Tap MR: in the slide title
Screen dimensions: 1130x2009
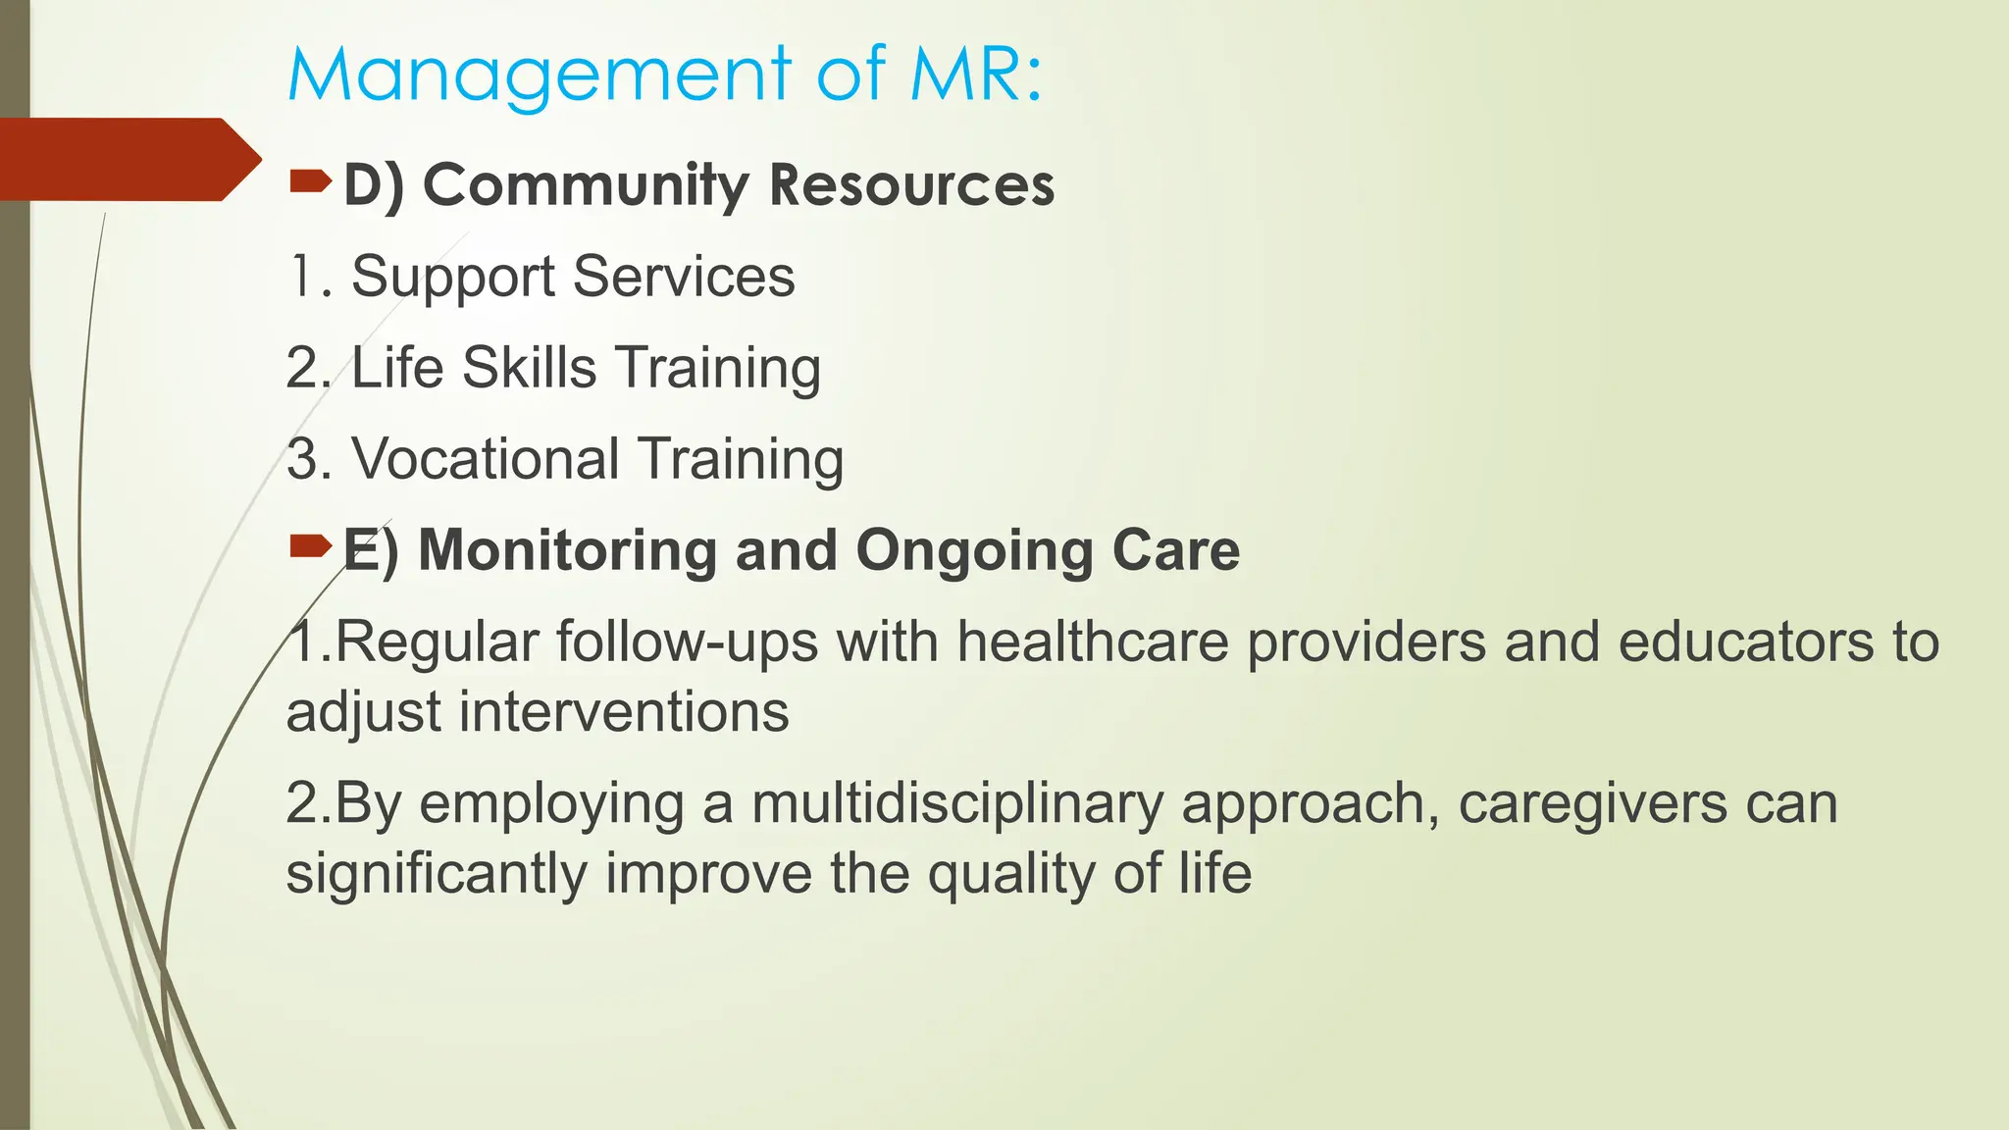[976, 75]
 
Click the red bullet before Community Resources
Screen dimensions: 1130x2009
[310, 180]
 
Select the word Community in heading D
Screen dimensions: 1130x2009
[586, 185]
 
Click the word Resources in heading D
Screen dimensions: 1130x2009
[911, 184]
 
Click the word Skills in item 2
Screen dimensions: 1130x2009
[529, 368]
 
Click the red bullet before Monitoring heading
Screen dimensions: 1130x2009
[310, 546]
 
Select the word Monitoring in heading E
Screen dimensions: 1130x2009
[567, 550]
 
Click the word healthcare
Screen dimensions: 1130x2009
[1093, 642]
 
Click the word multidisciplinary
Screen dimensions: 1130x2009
[956, 805]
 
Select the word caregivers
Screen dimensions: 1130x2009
[1592, 805]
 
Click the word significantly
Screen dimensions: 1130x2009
[437, 874]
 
